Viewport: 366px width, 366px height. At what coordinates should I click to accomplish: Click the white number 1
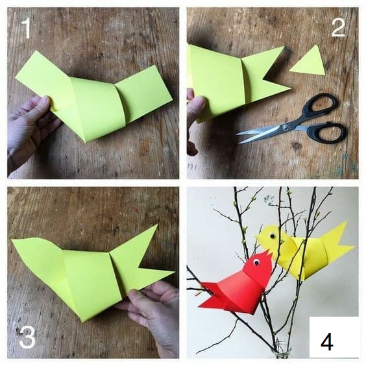click(27, 29)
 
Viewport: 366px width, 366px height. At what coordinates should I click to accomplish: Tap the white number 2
click(338, 27)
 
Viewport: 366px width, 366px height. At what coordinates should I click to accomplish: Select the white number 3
click(27, 337)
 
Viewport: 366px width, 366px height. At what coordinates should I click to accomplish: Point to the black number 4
click(327, 342)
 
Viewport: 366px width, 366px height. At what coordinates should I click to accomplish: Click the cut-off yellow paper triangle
click(310, 62)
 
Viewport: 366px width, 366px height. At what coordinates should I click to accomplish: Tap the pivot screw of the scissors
click(285, 127)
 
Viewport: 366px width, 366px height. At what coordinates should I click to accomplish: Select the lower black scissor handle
click(327, 132)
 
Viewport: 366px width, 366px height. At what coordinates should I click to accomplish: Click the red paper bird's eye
click(256, 262)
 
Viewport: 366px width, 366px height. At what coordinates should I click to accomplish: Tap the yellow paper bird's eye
click(272, 236)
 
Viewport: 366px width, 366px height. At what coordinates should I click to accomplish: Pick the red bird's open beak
click(268, 254)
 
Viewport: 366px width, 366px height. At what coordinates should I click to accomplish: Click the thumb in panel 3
click(138, 298)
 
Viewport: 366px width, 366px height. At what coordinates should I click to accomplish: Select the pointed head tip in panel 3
click(12, 239)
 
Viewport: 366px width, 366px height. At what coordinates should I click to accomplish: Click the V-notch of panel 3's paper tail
click(139, 266)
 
